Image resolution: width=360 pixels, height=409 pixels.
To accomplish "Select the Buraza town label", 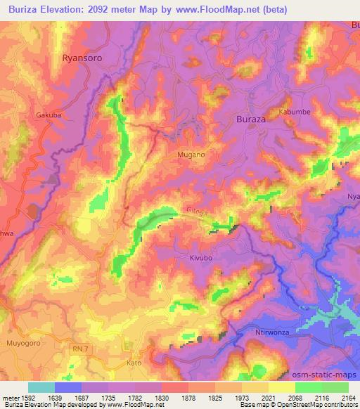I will [x=250, y=119].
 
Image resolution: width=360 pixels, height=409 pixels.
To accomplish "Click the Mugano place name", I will [x=191, y=154].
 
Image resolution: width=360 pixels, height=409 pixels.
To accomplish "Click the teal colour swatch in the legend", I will [x=41, y=387].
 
